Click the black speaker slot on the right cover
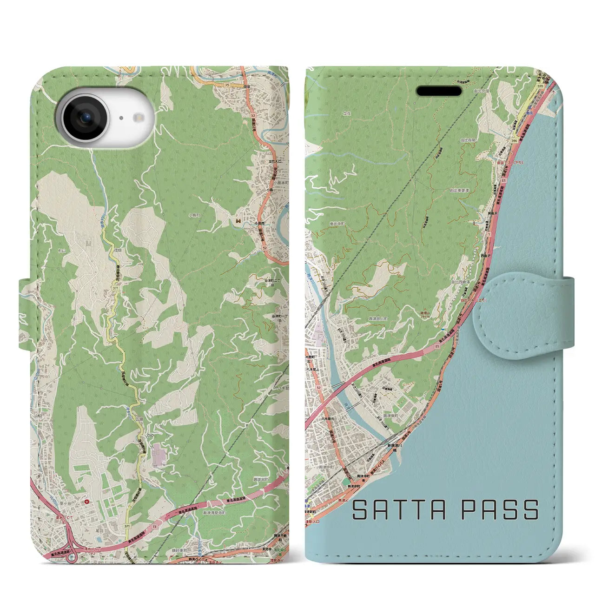(439, 91)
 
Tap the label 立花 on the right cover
(347, 113)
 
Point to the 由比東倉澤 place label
(459, 190)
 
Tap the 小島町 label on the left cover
(194, 216)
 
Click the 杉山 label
(62, 250)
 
